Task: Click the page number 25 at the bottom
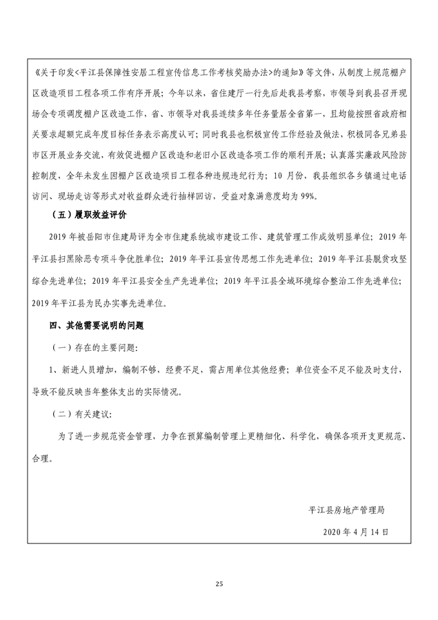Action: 219,584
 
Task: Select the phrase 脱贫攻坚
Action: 387,259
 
